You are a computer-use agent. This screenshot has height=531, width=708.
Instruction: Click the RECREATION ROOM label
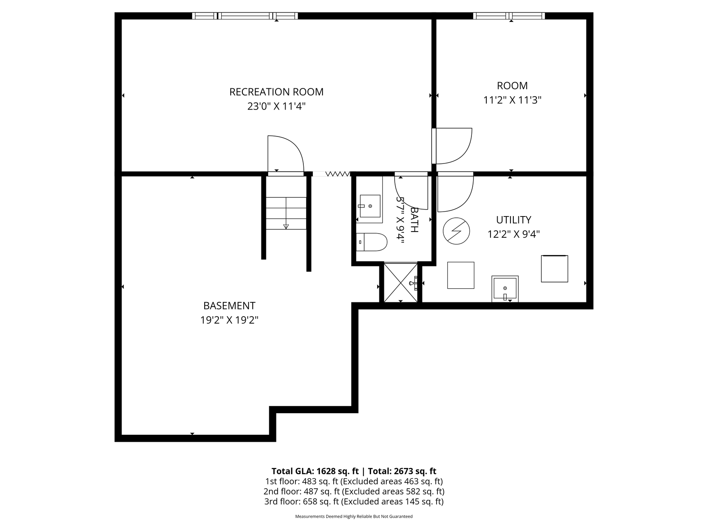click(x=276, y=92)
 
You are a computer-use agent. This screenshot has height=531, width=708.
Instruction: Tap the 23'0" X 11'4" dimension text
click(x=276, y=106)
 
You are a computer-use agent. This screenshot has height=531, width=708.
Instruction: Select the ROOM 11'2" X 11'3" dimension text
click(x=513, y=100)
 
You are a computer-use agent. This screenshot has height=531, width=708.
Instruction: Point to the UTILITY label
click(x=514, y=219)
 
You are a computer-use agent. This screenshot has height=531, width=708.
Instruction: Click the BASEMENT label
click(x=229, y=306)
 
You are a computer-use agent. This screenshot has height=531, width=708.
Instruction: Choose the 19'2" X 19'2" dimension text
click(x=229, y=320)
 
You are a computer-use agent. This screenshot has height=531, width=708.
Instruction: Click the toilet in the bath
click(x=372, y=242)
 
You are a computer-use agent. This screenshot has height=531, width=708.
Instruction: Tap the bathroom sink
click(x=370, y=206)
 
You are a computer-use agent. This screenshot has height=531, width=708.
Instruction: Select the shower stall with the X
click(x=401, y=283)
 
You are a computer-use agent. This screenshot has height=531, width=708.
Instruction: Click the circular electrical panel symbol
click(x=456, y=231)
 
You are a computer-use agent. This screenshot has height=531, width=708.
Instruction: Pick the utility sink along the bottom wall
click(x=505, y=289)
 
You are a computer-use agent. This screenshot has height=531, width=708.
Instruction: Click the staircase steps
click(x=286, y=213)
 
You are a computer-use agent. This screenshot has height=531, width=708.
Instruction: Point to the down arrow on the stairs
click(x=286, y=226)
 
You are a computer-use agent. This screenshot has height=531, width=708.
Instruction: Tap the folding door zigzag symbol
click(x=338, y=174)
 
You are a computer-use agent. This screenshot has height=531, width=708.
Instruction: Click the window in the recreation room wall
click(x=245, y=16)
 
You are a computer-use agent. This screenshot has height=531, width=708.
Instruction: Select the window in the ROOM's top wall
click(x=509, y=16)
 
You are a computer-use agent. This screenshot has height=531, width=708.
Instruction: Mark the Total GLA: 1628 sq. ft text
click(x=315, y=471)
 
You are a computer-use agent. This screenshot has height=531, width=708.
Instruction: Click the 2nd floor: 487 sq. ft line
click(x=354, y=492)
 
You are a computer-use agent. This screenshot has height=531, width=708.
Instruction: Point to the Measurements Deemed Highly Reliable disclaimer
click(x=354, y=516)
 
